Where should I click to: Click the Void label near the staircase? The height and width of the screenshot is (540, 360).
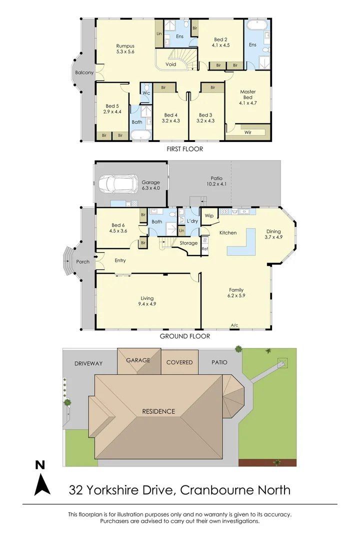(171, 64)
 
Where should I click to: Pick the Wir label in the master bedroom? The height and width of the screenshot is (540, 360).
(248, 133)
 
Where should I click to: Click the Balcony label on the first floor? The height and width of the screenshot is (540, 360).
(84, 72)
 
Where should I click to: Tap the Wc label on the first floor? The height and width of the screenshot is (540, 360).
(146, 93)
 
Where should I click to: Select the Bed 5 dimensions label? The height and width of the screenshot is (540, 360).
(112, 112)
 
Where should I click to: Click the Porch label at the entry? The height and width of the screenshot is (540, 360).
(83, 261)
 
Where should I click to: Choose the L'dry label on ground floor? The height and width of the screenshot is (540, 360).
(192, 221)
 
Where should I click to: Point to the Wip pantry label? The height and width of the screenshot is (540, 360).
(209, 215)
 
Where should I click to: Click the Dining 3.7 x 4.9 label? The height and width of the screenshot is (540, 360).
(273, 234)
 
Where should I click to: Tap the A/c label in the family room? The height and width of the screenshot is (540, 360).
(234, 326)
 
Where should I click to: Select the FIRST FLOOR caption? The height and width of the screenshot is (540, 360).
(185, 149)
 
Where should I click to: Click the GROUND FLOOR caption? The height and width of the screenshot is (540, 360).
(185, 336)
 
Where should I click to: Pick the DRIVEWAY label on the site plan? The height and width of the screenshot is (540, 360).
(88, 363)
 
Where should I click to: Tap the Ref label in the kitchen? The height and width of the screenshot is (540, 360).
(204, 248)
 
